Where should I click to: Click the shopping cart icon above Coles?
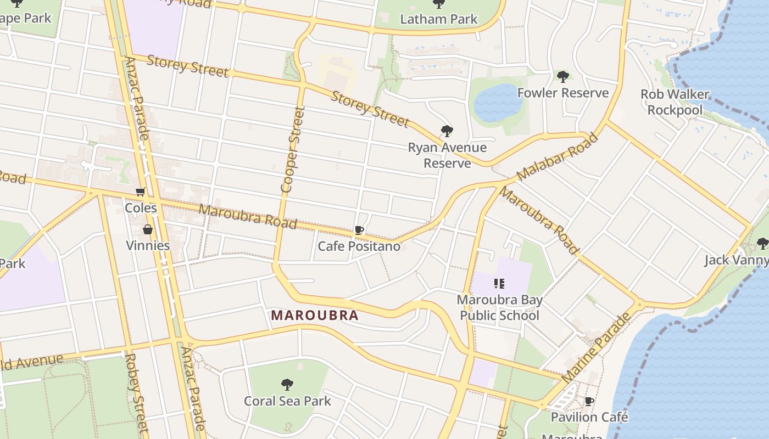(x=141, y=192)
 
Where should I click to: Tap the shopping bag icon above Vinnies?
(x=147, y=229)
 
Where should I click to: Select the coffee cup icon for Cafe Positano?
(x=359, y=230)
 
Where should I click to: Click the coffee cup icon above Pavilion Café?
(x=589, y=402)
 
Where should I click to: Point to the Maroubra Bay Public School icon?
(x=499, y=284)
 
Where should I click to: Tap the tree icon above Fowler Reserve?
(x=562, y=76)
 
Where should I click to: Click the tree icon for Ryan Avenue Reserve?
(x=447, y=131)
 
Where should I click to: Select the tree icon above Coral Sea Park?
(x=287, y=384)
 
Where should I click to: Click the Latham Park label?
(x=438, y=19)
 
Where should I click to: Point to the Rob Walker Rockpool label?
(x=675, y=102)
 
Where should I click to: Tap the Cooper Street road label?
(x=292, y=149)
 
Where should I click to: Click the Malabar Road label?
(x=557, y=157)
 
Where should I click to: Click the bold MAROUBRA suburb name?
(x=315, y=316)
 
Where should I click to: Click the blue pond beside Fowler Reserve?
(x=497, y=103)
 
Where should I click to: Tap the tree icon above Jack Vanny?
(x=762, y=243)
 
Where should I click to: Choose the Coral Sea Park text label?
(x=287, y=401)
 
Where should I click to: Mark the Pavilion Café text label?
(x=589, y=417)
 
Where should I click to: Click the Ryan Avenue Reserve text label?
(x=447, y=155)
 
